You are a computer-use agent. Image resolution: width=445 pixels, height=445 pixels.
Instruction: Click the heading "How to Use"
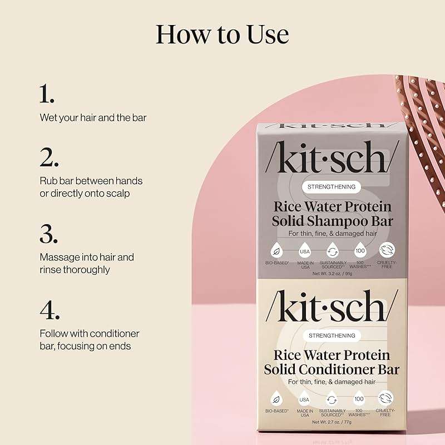[x=222, y=34]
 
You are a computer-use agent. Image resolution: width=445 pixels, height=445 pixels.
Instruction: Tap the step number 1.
[x=47, y=95]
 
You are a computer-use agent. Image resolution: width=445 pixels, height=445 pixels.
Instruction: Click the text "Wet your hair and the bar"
[x=93, y=118]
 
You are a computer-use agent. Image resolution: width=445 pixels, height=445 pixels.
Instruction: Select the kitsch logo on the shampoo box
[x=332, y=159]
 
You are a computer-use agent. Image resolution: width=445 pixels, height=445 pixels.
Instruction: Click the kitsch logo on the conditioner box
[x=332, y=308]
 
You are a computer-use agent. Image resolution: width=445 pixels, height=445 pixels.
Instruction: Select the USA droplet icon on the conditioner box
[x=304, y=398]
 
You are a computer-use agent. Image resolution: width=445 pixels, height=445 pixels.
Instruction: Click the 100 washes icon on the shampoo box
[x=359, y=249]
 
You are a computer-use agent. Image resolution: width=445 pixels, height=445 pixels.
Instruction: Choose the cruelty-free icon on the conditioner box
[x=385, y=398]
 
